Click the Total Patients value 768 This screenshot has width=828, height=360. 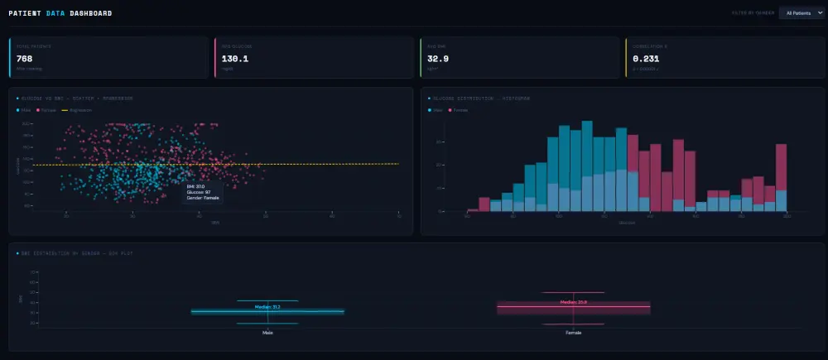24,59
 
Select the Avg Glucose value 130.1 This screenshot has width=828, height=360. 235,59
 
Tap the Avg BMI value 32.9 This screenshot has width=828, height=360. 437,59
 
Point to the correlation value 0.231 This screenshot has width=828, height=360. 646,59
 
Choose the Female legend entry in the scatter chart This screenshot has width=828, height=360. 48,110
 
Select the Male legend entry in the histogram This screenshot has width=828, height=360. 437,110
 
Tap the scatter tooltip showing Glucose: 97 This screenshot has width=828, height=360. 204,192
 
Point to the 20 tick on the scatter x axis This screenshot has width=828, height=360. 66,217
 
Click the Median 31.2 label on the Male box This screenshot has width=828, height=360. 267,307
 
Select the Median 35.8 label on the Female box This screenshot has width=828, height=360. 573,302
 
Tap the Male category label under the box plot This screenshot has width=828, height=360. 267,333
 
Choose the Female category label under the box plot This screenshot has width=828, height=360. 573,333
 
